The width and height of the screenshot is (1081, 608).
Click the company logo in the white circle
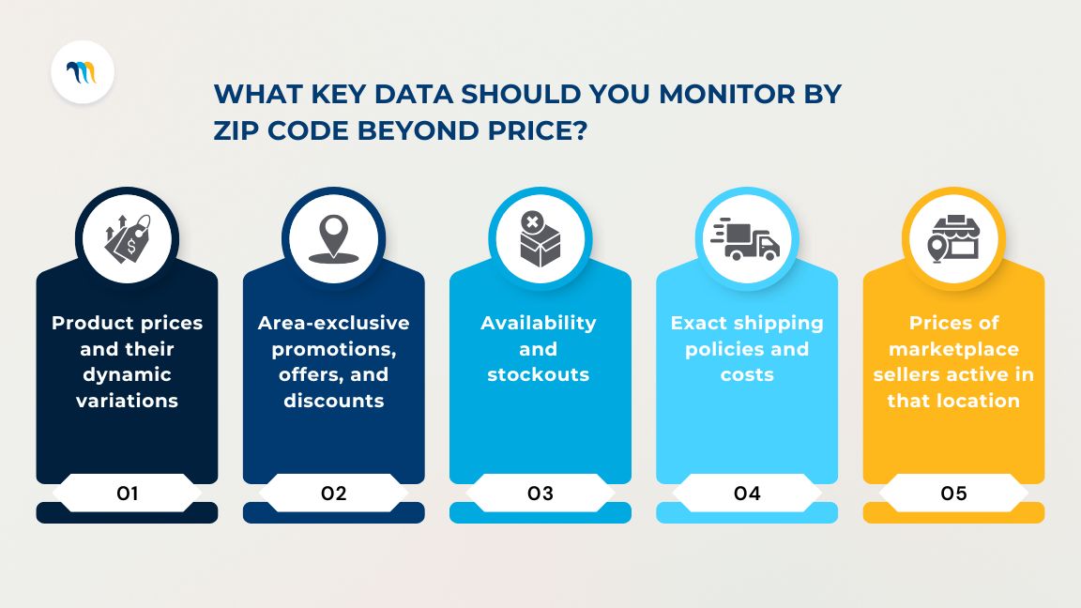coord(83,72)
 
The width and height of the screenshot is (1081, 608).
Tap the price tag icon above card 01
coord(127,239)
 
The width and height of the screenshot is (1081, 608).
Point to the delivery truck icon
coord(747,239)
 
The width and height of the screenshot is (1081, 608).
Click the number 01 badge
coord(128,493)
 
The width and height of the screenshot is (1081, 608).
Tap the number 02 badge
coord(334,493)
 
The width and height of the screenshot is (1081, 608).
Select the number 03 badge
coord(540,493)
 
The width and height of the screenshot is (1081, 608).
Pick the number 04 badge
coord(747,493)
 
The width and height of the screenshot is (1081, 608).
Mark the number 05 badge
coord(953,493)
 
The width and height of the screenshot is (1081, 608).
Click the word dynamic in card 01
coord(128,374)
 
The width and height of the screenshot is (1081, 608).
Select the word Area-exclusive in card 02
coord(334,323)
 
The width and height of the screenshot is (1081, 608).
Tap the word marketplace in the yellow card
coord(953,349)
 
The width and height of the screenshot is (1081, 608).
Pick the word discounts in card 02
coord(334,401)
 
